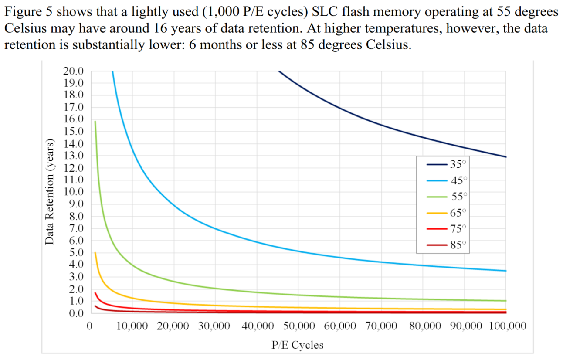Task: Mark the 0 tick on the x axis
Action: point(89,326)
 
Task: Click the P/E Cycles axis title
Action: point(298,345)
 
